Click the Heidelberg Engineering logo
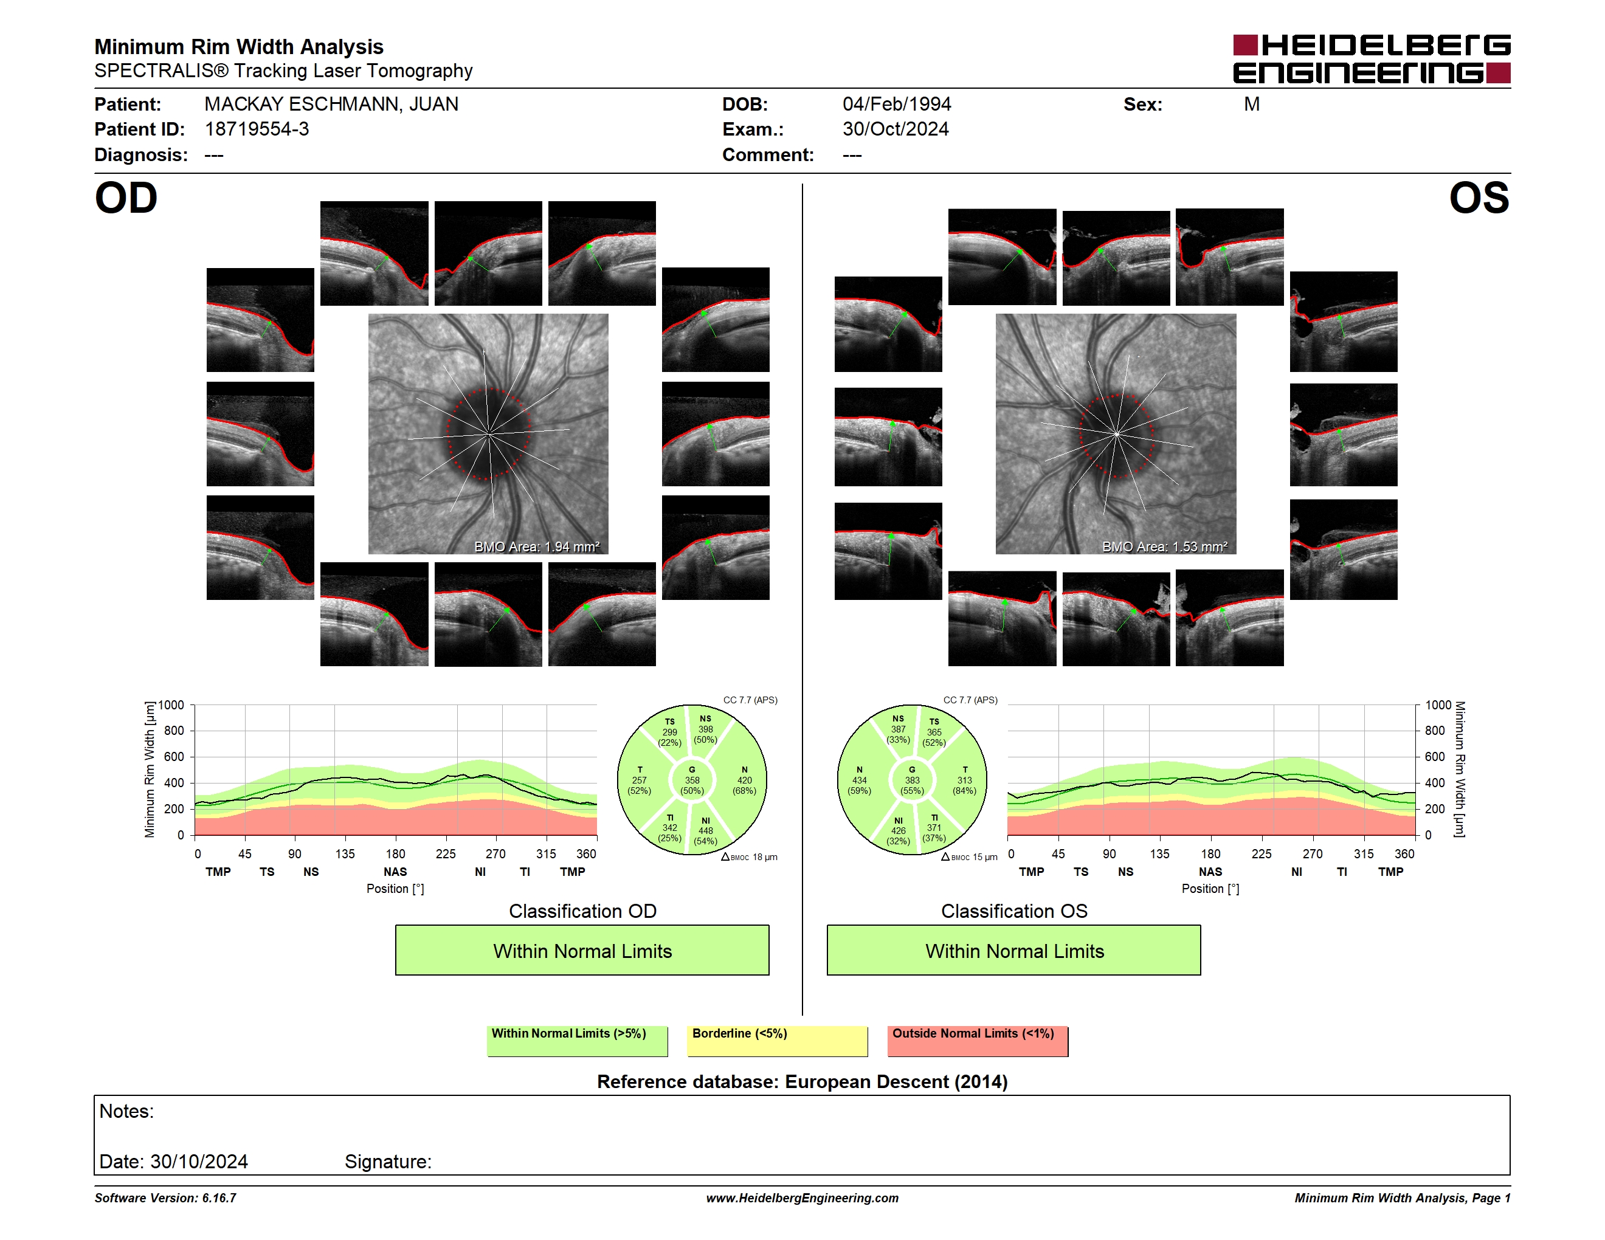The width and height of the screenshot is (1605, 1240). (1372, 59)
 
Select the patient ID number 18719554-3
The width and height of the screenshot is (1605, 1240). (257, 129)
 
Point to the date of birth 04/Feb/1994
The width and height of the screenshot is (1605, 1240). (897, 105)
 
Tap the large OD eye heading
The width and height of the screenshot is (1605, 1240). (126, 198)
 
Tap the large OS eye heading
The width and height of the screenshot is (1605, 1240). (1479, 198)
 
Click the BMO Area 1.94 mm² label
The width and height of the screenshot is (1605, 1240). (536, 546)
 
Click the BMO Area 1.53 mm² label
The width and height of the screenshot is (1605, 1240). (1165, 546)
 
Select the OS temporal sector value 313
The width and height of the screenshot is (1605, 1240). (964, 780)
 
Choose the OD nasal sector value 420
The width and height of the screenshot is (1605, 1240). (745, 780)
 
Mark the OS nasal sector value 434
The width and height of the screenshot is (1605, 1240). (859, 780)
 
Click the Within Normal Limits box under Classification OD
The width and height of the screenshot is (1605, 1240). (582, 951)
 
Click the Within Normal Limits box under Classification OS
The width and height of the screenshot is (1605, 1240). (1014, 951)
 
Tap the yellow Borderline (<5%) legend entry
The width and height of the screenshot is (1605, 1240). (778, 1041)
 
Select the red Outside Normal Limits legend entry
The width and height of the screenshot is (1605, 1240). (978, 1041)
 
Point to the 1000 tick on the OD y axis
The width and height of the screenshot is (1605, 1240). (171, 705)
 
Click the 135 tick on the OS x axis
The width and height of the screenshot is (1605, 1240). (1159, 853)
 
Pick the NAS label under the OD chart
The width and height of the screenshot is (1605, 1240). (395, 872)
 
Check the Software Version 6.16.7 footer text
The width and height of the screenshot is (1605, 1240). (165, 1198)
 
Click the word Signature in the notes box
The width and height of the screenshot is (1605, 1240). (387, 1162)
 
